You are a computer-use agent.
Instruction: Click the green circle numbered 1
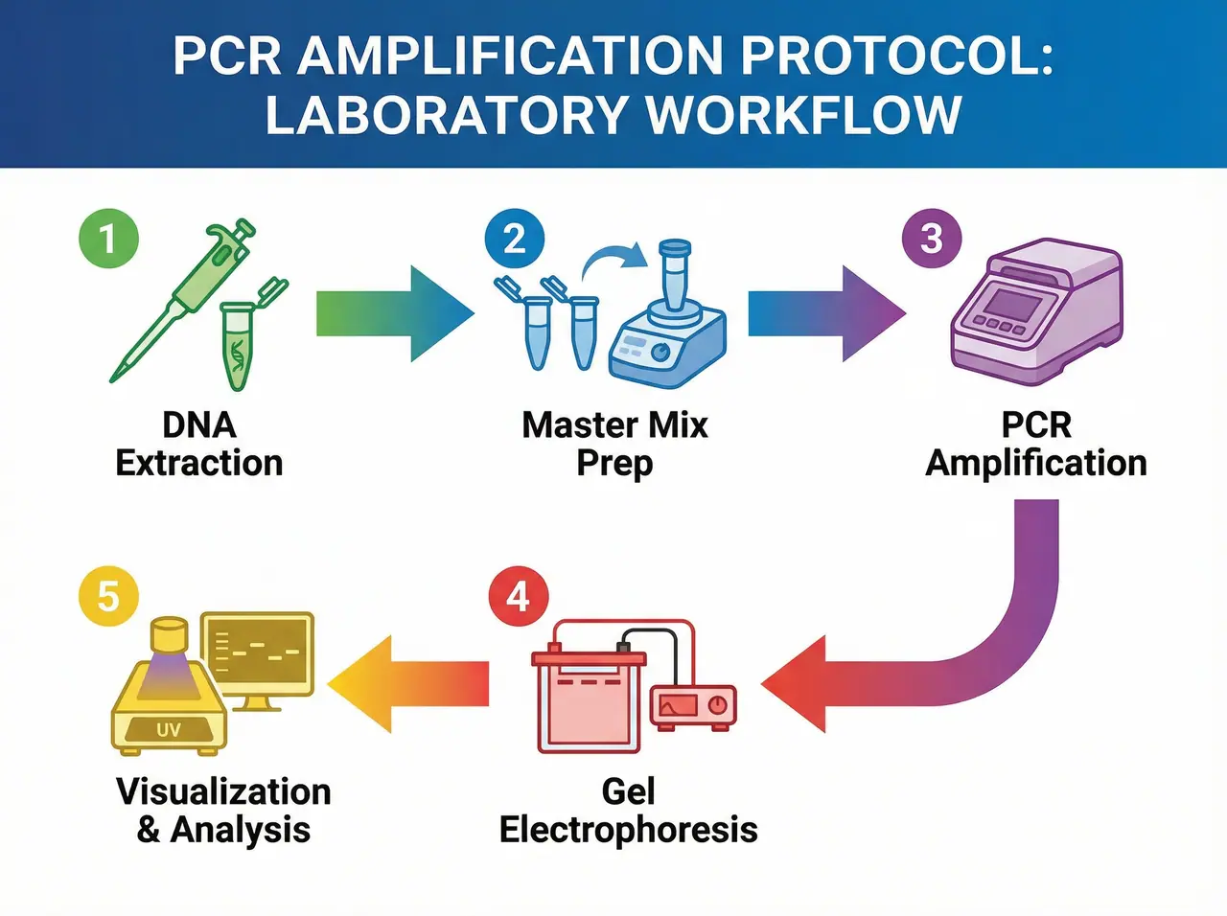pyautogui.click(x=108, y=239)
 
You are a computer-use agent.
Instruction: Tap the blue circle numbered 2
pyautogui.click(x=515, y=239)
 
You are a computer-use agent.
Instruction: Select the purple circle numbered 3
pyautogui.click(x=931, y=239)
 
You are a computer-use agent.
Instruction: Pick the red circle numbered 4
pyautogui.click(x=518, y=597)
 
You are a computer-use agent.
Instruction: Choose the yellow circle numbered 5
pyautogui.click(x=108, y=597)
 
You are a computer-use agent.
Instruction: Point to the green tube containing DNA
pyautogui.click(x=238, y=345)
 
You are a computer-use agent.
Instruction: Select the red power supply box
pyautogui.click(x=693, y=707)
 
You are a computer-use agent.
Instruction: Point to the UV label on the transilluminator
pyautogui.click(x=169, y=730)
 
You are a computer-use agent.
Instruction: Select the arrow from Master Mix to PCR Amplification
pyautogui.click(x=824, y=315)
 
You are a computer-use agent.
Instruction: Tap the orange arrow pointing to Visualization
pyautogui.click(x=407, y=684)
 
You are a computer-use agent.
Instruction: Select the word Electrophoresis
pyautogui.click(x=628, y=830)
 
